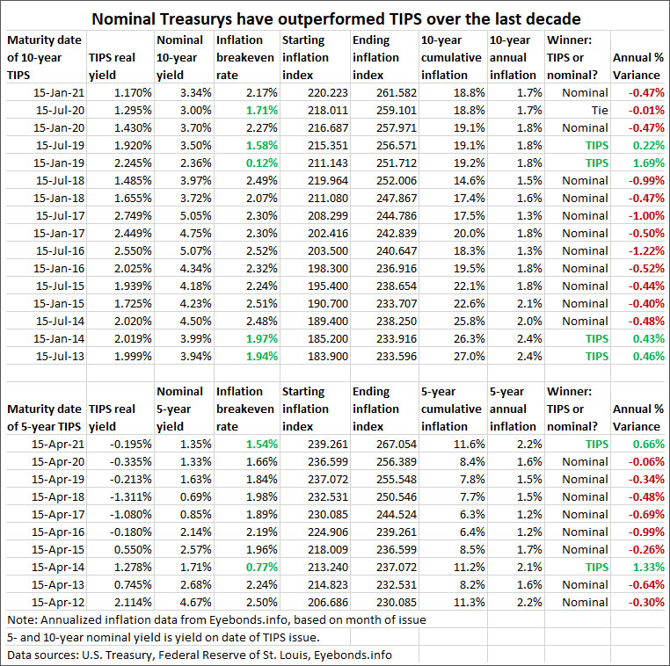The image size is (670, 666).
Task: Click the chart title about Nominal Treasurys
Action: tap(335, 17)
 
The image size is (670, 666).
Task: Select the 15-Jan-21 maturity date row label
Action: tap(55, 92)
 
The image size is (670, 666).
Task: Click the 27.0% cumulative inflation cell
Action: tap(467, 356)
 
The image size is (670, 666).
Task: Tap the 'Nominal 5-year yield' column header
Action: tap(181, 409)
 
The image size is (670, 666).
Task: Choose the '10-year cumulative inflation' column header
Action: tap(451, 57)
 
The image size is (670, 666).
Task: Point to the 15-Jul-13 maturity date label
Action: tap(56, 356)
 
